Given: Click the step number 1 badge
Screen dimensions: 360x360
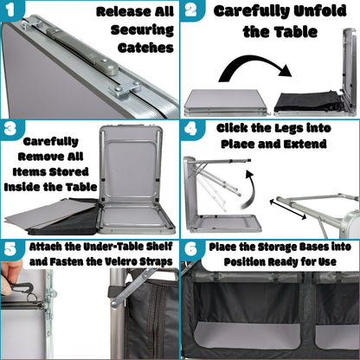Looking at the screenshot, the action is [10, 10].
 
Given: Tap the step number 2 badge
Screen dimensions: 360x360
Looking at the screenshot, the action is [191, 10].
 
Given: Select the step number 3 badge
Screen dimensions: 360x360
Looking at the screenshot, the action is [10, 129].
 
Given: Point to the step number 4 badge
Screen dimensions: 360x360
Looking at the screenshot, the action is [191, 129].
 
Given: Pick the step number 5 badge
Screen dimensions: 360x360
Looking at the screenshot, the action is [10, 249].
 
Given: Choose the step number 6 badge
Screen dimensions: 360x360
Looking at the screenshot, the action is [191, 249].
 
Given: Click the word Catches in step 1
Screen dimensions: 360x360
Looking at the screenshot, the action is [145, 48].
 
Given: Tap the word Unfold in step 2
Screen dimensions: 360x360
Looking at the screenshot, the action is [320, 11].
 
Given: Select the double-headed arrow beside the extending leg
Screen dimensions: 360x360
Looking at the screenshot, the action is [288, 209].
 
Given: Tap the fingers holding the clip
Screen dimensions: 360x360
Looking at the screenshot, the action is [9, 279].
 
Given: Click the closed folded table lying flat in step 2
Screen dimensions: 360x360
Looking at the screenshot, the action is [226, 102].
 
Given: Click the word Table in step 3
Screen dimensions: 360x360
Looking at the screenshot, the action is [81, 187].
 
